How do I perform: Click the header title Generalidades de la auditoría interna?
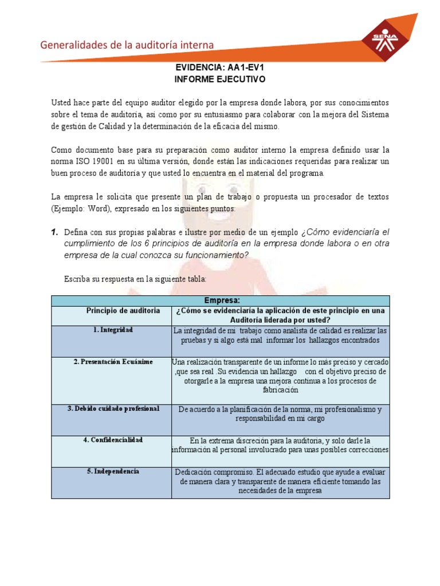pos(127,45)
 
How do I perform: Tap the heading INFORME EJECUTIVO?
pos(220,79)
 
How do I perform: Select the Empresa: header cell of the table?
pos(221,300)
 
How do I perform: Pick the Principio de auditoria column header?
pos(123,311)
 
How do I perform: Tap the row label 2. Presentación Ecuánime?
pos(113,362)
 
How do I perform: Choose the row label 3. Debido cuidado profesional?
pos(113,409)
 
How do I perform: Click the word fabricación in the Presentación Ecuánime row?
pos(280,390)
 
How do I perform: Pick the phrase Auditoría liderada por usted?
pos(280,320)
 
